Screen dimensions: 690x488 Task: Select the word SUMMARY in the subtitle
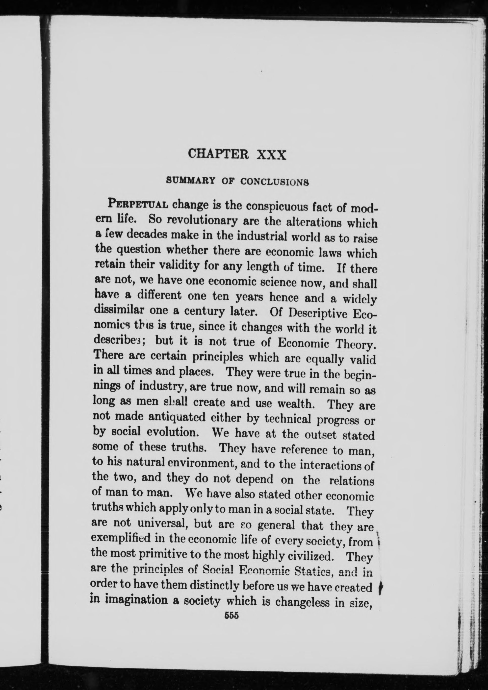coord(191,180)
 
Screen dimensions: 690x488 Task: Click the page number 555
coord(231,615)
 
